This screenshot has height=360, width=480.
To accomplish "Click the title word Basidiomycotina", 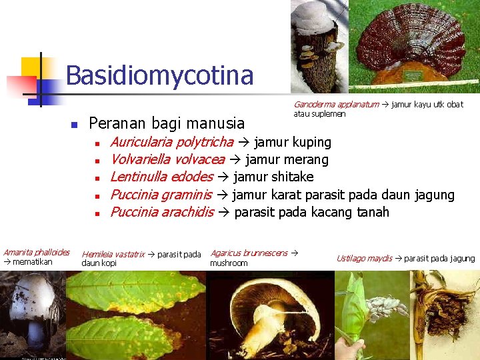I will pos(159,75).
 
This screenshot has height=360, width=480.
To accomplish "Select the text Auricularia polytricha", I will pos(171,142).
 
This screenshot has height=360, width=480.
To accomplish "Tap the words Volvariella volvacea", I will pos(167,159).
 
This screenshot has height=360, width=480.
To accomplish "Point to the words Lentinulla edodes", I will pos(161,177).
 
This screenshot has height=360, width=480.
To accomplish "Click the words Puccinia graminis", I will pos(160,195).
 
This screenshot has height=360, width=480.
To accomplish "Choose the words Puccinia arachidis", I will pos(161,212).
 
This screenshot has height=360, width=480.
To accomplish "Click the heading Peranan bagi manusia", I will pos(166,123).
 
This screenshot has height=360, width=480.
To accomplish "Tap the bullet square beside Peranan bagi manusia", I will pos(75,125).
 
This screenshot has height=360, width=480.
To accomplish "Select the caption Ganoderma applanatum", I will pos(336,105).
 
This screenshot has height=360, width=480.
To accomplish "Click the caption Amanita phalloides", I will pos(36,253).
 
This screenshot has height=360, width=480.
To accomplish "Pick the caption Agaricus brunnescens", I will pos(249,253).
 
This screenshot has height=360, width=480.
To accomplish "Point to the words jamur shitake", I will pos(273,177).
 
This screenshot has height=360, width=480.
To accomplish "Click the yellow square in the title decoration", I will pos(31,67).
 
